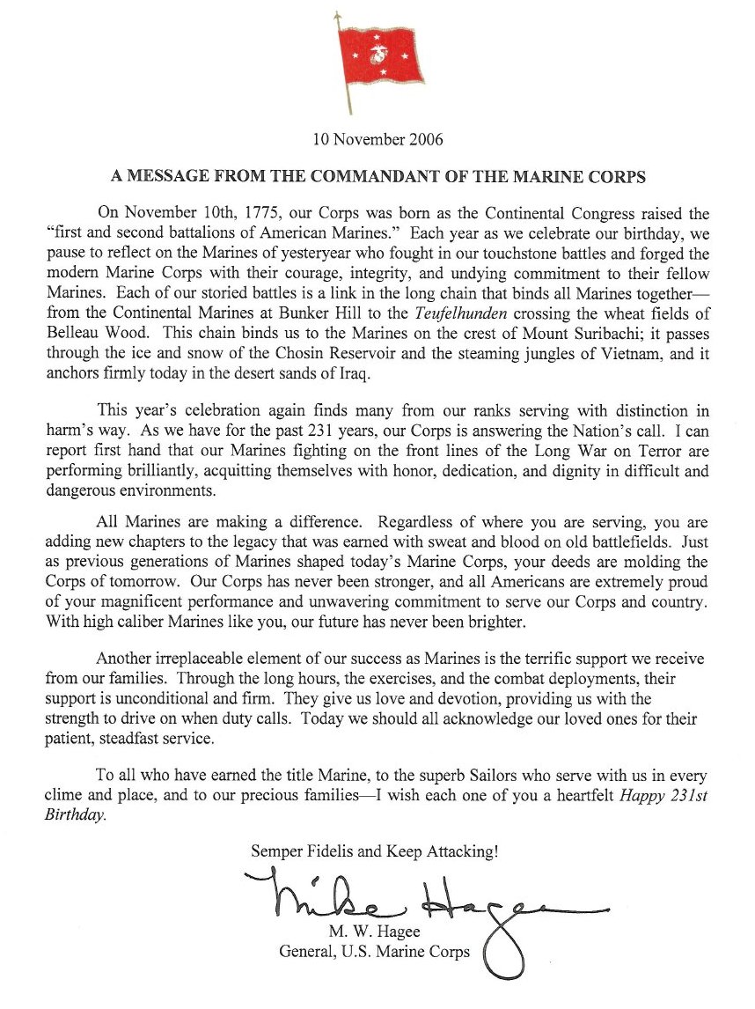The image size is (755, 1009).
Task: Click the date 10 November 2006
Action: [378, 138]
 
